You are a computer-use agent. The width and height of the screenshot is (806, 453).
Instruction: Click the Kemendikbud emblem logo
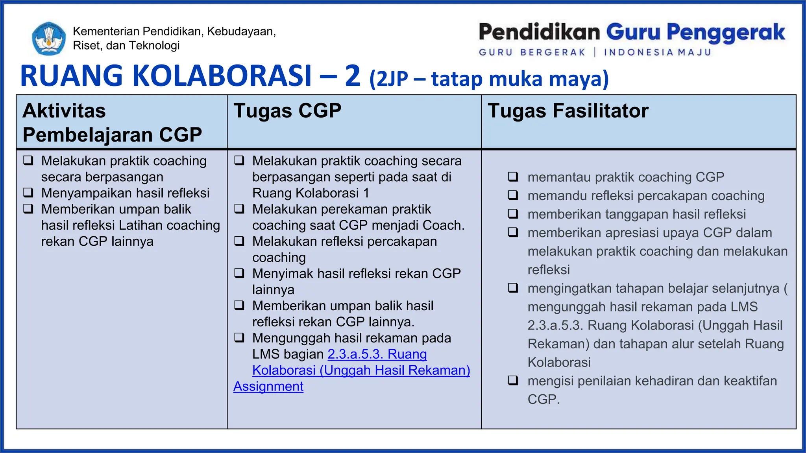point(49,39)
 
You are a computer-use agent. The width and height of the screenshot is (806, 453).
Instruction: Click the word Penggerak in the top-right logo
point(726,33)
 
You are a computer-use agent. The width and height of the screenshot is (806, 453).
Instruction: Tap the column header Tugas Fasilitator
point(568,110)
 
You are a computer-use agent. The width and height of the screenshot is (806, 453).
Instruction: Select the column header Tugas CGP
point(287,110)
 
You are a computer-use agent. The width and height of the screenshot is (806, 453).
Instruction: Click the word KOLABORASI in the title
point(222,75)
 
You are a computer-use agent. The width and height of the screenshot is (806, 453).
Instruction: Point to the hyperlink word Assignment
point(268,387)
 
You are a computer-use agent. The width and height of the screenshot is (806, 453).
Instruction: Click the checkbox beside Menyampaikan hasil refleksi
point(28,193)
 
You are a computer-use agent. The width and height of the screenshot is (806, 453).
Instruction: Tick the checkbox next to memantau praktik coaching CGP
point(513,177)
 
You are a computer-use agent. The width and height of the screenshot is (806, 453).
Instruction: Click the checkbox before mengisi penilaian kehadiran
point(513,380)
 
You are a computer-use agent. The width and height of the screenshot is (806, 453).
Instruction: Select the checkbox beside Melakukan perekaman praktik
point(239,209)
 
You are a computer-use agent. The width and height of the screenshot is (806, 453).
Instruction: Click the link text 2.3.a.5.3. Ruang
point(377,354)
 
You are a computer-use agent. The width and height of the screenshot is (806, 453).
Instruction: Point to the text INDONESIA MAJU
point(657,52)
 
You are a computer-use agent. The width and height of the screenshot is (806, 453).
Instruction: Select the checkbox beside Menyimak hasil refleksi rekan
point(239,273)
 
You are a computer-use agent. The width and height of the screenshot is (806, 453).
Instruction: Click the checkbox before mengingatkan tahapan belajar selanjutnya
point(513,288)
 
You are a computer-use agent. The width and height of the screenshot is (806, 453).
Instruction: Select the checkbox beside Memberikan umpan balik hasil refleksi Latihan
point(28,209)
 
